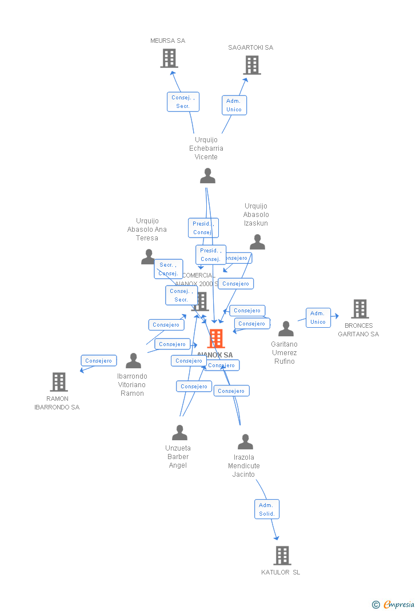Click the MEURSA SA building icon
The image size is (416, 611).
(169, 58)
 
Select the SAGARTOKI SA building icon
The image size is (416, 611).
(252, 65)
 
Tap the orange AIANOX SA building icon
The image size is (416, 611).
(216, 339)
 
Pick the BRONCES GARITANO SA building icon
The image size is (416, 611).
(359, 309)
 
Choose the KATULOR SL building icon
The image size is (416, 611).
(282, 555)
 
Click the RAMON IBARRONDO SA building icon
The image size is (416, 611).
(58, 382)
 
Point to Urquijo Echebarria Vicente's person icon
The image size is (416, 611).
(207, 176)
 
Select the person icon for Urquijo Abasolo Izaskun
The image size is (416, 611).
(257, 242)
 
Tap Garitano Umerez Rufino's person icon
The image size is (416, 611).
(286, 329)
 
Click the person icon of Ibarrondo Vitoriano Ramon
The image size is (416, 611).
(133, 361)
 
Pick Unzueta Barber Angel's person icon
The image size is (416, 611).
(179, 433)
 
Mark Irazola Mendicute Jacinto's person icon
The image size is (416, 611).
(245, 442)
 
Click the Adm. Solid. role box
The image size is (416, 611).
(267, 509)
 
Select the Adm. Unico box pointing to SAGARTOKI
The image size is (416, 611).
(234, 105)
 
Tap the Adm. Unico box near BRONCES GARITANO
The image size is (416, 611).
(318, 317)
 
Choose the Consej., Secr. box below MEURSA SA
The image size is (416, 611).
(183, 102)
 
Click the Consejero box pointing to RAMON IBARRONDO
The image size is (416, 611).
(99, 361)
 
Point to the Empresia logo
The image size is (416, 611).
(394, 604)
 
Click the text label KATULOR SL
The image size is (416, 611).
(281, 572)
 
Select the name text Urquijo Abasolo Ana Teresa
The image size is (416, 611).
(147, 230)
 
